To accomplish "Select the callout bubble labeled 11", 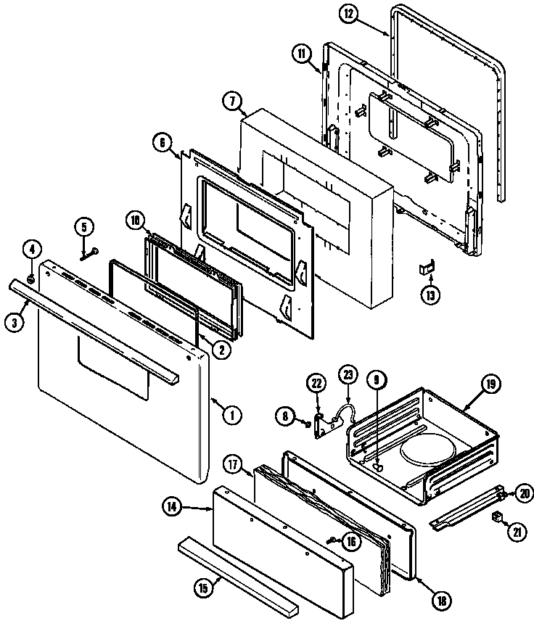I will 303,52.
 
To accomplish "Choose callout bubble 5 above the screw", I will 84,227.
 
